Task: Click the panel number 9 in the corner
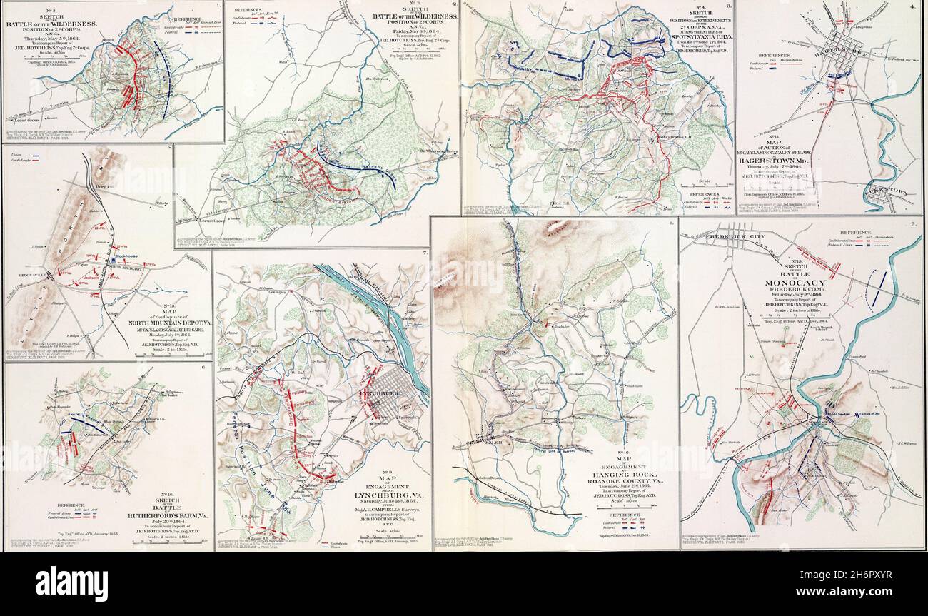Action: point(915,225)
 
